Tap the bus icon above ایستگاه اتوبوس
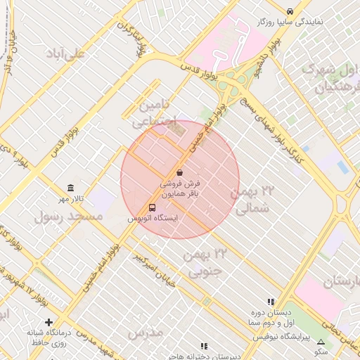coord(153,207)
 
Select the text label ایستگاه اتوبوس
coord(153,219)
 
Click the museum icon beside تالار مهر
coord(70,188)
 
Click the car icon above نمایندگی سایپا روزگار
coord(290,11)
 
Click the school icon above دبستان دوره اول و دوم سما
coord(271,301)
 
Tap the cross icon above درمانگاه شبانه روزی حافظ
coord(49,322)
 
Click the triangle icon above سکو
coord(321,342)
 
